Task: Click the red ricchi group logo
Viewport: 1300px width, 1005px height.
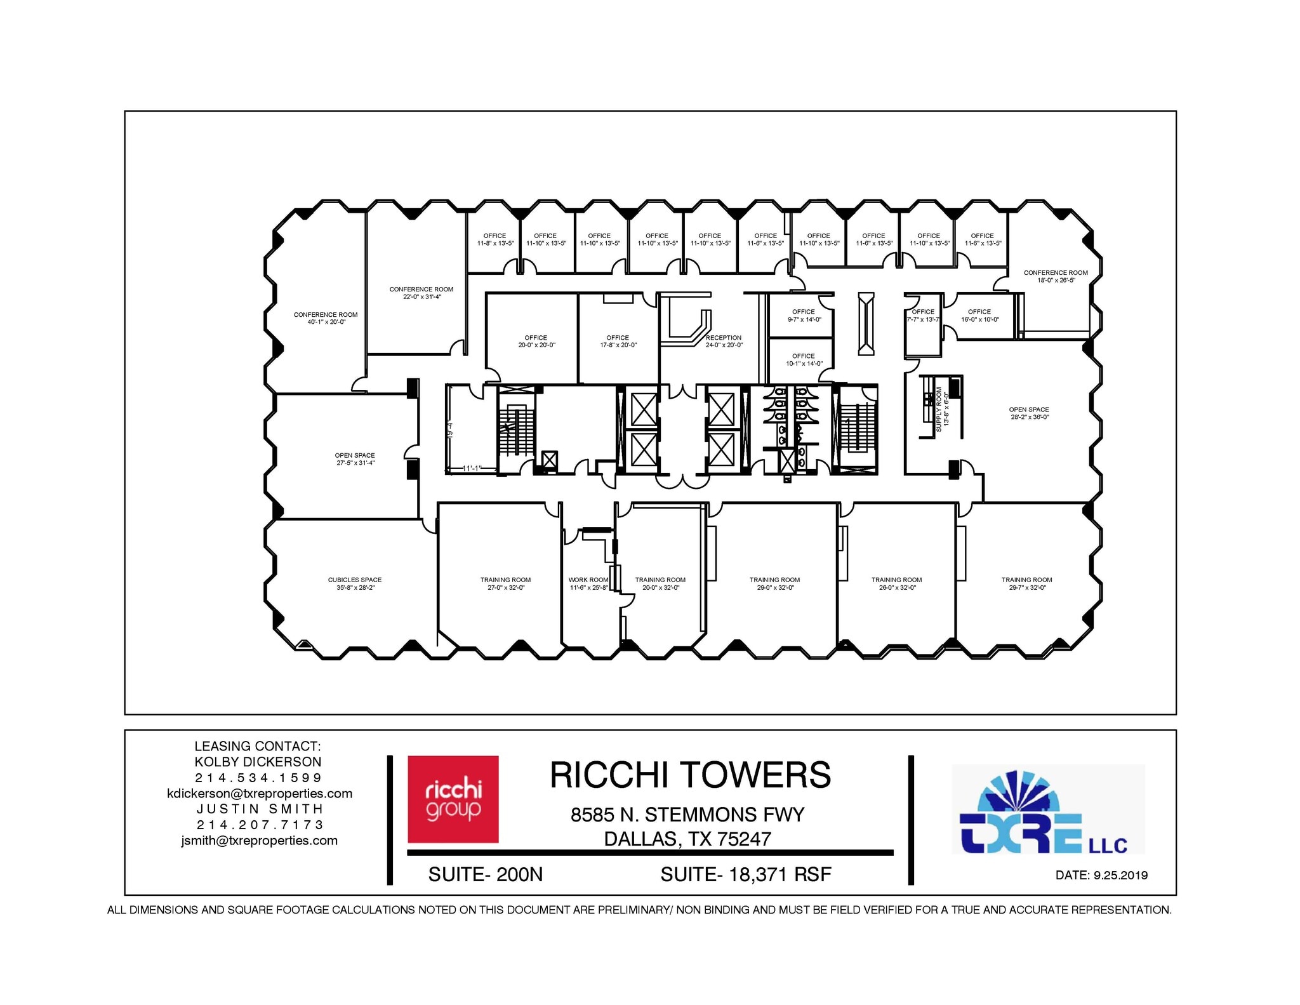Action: coord(453,799)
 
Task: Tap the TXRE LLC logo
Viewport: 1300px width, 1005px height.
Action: coord(1047,810)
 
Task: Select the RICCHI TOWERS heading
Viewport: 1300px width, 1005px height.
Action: coord(690,775)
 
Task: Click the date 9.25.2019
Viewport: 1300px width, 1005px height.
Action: coord(1101,875)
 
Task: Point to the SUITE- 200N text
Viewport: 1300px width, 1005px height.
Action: coord(486,874)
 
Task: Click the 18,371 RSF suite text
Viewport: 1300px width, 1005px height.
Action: coord(746,874)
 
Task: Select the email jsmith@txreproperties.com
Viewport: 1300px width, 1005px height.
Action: coord(259,841)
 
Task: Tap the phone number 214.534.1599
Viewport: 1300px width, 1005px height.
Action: coord(259,778)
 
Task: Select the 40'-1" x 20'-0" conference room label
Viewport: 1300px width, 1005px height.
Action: coord(326,318)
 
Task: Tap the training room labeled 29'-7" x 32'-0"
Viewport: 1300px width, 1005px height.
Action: coord(1026,583)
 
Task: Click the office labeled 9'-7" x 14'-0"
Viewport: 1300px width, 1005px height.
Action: coord(804,316)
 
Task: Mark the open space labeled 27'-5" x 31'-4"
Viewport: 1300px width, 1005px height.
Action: coord(355,459)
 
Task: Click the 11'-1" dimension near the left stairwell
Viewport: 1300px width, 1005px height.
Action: coord(472,469)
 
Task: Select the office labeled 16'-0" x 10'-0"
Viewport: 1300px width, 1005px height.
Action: coord(979,316)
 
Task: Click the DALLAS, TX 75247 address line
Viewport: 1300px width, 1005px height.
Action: coord(687,839)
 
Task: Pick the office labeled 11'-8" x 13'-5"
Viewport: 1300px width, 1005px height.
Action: coord(495,239)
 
